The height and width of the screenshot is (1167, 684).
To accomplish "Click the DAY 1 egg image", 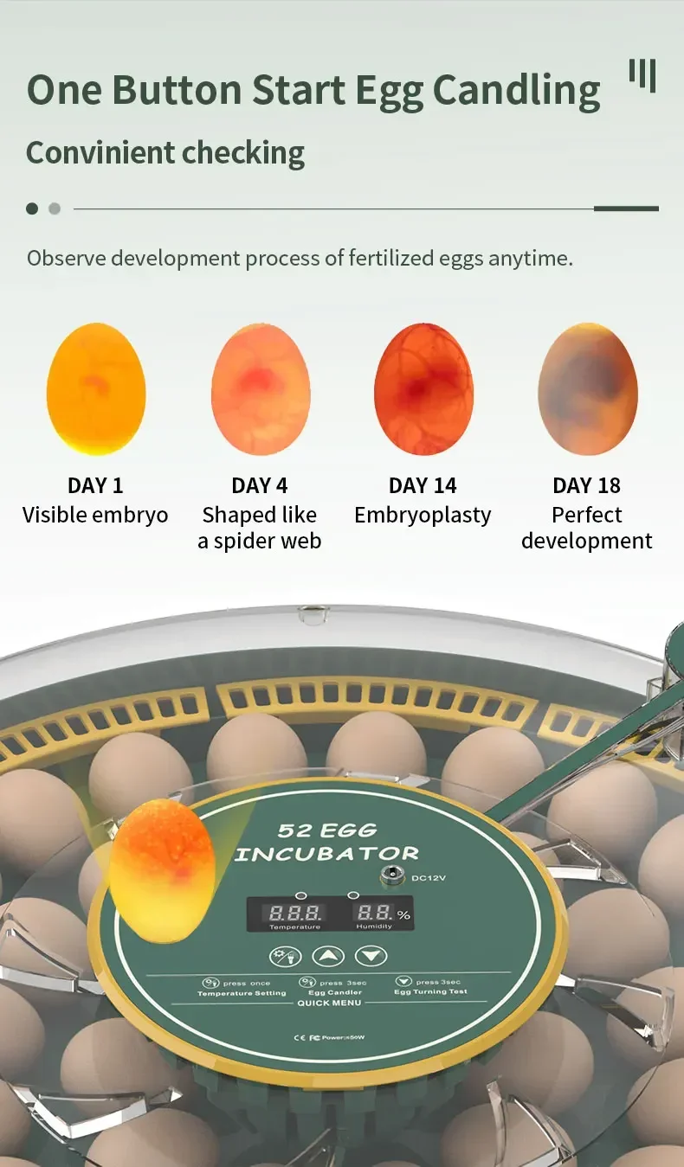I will point(95,388).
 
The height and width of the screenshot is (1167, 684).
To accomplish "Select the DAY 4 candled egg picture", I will point(260,388).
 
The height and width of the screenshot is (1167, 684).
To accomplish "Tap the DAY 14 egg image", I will point(423,388).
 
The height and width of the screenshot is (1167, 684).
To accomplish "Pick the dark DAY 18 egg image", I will point(587,388).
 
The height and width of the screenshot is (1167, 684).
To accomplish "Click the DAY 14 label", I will point(423,485).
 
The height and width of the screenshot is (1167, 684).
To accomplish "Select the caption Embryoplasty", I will point(423,516).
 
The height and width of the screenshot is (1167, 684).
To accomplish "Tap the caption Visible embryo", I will point(95,516).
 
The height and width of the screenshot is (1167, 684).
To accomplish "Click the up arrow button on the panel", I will point(328,957).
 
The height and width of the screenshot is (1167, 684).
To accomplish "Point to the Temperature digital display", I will point(294,913).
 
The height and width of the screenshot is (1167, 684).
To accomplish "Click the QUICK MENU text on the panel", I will point(329,1003).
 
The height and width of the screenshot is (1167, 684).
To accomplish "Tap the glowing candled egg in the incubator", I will point(162,869).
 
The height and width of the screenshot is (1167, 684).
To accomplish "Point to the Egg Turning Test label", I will point(430,991).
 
